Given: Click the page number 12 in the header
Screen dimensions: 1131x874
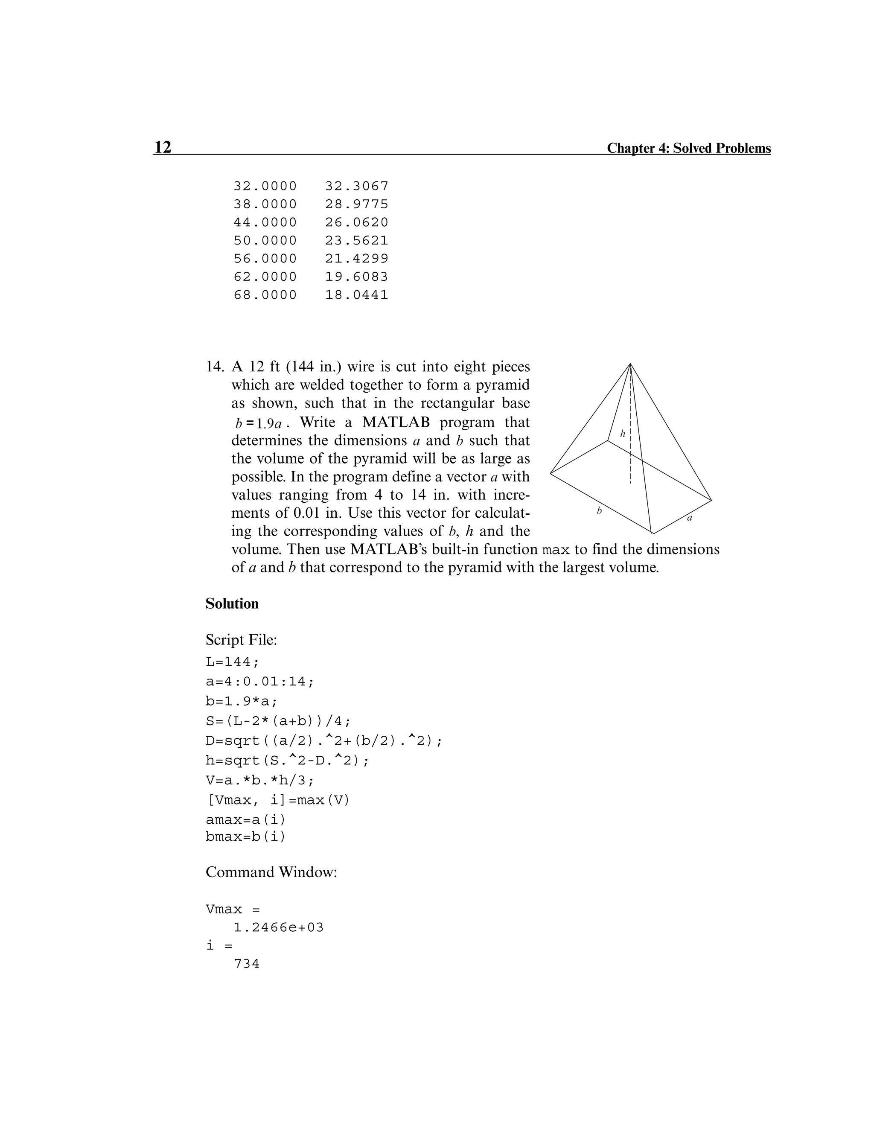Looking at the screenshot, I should click(163, 148).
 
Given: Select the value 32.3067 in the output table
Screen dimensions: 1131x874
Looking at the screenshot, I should click(356, 186).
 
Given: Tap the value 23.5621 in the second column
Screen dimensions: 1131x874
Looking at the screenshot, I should click(356, 240).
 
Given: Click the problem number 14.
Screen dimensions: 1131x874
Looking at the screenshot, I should click(214, 367).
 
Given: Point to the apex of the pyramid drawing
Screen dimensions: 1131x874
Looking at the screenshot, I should click(630, 364).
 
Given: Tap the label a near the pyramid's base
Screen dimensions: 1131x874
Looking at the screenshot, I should click(689, 518).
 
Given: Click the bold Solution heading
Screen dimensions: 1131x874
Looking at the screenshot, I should click(232, 604).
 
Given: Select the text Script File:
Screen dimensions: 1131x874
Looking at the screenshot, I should click(241, 640).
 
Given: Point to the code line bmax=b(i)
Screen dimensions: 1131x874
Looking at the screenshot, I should click(245, 837).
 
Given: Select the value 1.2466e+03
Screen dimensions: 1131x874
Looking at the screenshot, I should click(279, 927).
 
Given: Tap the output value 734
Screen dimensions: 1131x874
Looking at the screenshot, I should click(247, 964).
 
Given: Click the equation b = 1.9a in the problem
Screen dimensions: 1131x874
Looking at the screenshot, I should click(258, 424).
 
